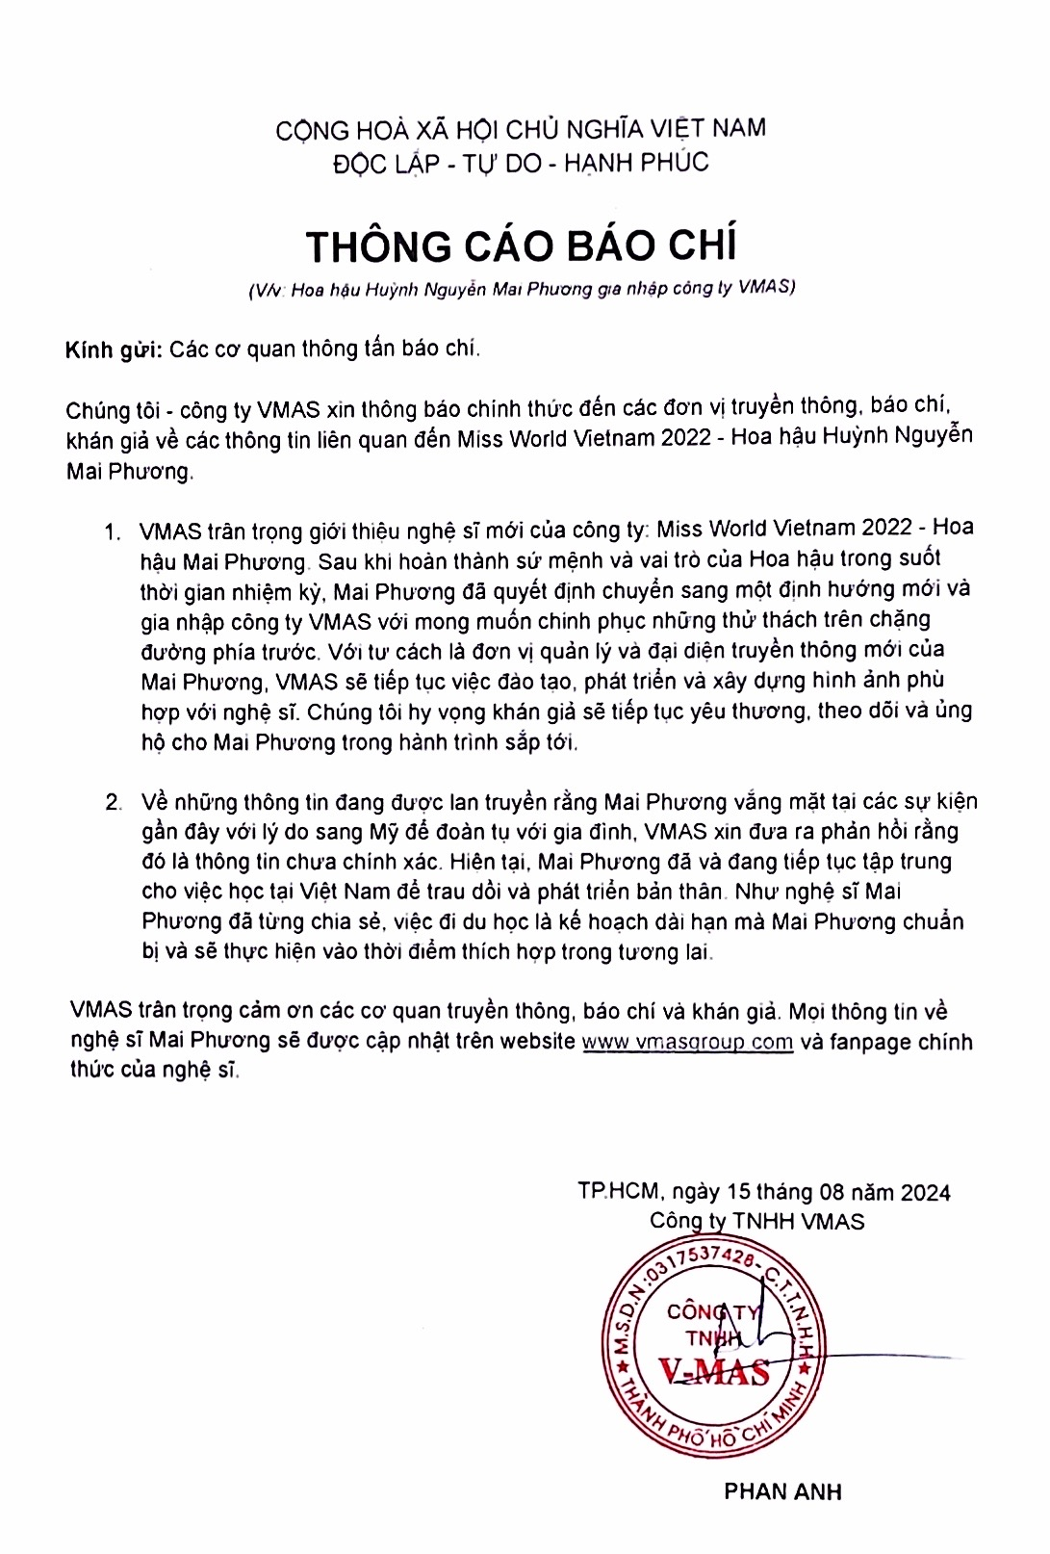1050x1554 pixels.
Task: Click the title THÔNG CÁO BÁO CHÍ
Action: [x=521, y=246]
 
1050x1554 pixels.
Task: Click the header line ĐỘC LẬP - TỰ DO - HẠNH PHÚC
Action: [x=521, y=163]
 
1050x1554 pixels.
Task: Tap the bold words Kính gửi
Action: [x=113, y=350]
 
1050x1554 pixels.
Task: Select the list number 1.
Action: [x=114, y=531]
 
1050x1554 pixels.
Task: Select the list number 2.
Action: [x=114, y=803]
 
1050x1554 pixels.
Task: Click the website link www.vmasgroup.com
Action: [x=687, y=1042]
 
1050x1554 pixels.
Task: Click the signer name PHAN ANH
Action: [x=782, y=1491]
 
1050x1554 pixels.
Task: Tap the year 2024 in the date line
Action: [x=926, y=1193]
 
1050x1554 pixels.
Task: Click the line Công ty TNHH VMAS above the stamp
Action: [x=756, y=1222]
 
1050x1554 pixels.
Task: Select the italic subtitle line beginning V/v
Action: [x=521, y=288]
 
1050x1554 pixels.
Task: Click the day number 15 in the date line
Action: [x=738, y=1192]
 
